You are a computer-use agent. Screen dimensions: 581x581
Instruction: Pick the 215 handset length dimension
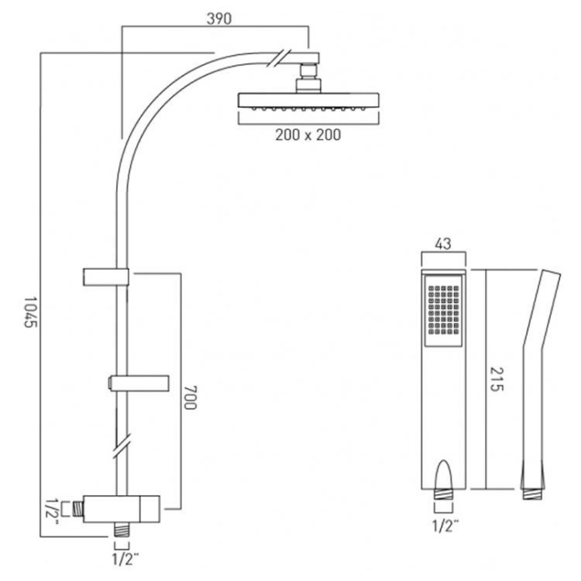pos(498,381)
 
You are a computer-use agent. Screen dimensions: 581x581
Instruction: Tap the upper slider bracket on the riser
pos(104,275)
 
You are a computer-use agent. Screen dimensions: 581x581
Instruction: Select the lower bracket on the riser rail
pos(139,383)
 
